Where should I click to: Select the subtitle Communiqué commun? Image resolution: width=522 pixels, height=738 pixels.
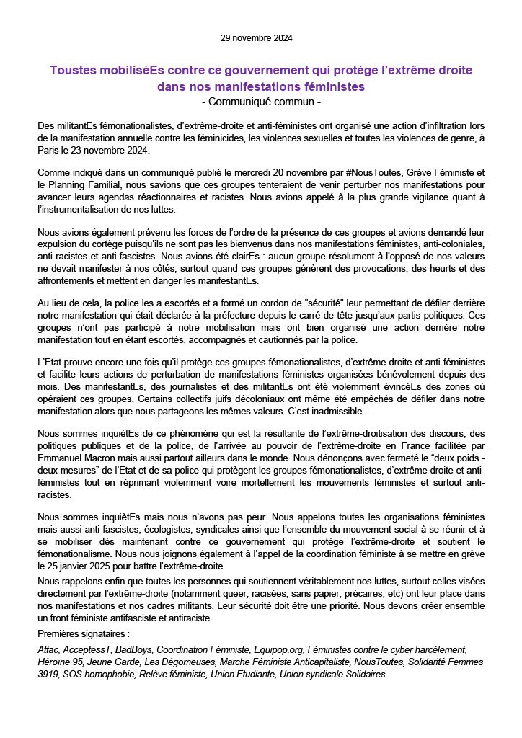(x=261, y=102)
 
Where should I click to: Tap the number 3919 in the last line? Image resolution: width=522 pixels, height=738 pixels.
(x=50, y=674)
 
